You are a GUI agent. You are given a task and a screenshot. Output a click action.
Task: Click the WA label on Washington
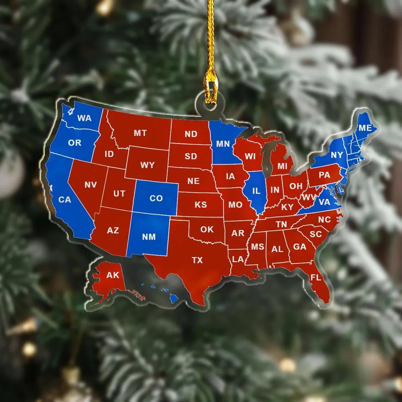click(84, 118)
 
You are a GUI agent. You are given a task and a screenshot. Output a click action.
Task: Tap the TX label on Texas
click(197, 260)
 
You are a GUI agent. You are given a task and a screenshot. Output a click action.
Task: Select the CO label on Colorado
click(156, 198)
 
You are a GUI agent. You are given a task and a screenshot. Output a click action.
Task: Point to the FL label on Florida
click(316, 278)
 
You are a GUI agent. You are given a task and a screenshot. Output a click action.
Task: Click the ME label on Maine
click(365, 128)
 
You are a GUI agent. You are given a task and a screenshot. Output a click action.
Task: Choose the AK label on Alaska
click(113, 275)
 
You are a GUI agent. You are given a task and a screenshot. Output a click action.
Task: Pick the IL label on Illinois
click(256, 191)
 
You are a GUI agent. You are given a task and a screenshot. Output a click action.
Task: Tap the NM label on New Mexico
click(149, 237)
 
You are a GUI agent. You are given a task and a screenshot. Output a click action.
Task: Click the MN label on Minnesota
click(223, 144)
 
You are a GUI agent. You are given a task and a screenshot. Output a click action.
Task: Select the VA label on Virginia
click(324, 202)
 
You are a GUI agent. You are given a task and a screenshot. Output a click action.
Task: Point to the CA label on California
click(65, 200)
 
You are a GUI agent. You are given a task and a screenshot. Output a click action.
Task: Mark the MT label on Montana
click(140, 133)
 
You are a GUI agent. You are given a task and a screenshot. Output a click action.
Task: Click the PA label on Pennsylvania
click(324, 175)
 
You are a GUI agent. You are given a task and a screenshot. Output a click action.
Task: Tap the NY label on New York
click(337, 155)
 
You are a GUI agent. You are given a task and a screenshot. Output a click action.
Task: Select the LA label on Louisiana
click(238, 260)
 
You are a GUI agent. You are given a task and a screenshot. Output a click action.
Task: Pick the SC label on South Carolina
click(316, 234)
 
